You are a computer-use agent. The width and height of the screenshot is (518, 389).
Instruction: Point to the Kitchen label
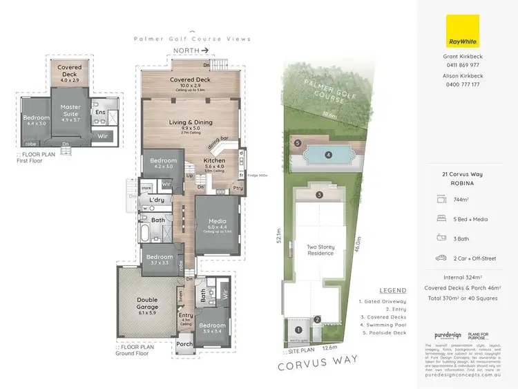pyautogui.click(x=215, y=160)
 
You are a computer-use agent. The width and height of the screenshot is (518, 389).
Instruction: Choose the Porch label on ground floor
pyautogui.click(x=185, y=344)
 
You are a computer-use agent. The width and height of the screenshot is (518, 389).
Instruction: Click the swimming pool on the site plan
pyautogui.click(x=329, y=154)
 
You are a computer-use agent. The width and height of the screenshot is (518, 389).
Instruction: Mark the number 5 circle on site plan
pyautogui.click(x=297, y=144)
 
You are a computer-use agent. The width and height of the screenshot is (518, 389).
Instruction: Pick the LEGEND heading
pyautogui.click(x=392, y=290)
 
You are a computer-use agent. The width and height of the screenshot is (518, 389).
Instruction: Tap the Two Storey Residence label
pyautogui.click(x=320, y=249)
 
